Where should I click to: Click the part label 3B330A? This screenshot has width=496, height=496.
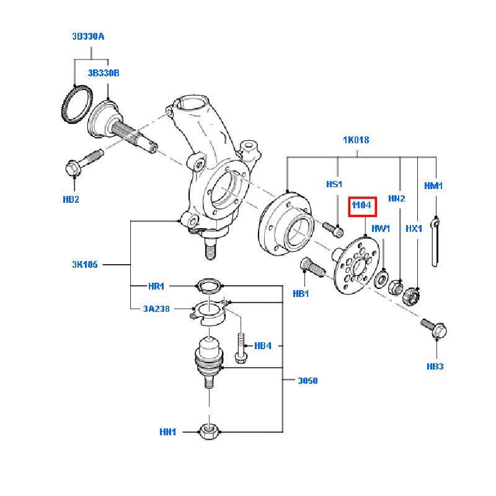[87, 37]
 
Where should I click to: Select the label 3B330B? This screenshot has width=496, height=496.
[103, 73]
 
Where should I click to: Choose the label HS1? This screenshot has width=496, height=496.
[334, 185]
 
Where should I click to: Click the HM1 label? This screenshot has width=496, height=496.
[433, 185]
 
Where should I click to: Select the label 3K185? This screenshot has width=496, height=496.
[86, 265]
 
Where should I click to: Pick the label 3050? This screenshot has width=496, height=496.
[307, 380]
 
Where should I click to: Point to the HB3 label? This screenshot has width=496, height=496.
[435, 366]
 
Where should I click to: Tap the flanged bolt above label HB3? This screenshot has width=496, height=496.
[433, 329]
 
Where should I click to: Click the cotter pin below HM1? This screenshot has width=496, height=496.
[436, 242]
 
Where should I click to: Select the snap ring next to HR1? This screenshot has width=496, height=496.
[208, 286]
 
